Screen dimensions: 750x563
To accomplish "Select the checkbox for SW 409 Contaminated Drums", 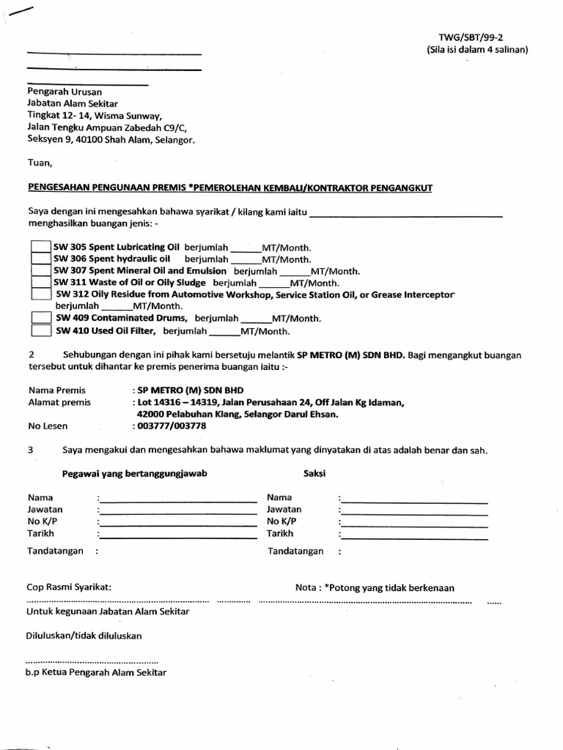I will (41, 319).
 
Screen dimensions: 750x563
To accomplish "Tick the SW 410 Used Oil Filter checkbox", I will (41, 331).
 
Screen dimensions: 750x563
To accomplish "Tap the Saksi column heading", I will (314, 474).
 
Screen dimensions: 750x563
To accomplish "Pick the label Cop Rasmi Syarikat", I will (69, 587).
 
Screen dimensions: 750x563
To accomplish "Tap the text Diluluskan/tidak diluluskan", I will (84, 636).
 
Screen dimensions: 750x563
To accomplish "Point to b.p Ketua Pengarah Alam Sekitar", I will (97, 672).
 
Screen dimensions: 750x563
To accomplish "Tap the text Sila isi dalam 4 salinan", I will (477, 50).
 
